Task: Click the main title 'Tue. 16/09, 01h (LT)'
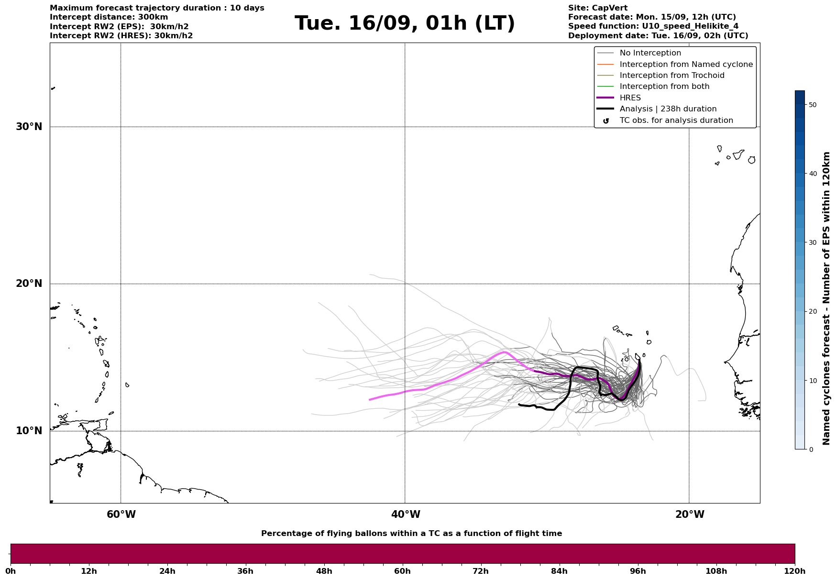[405, 23]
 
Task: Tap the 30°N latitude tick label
[29, 127]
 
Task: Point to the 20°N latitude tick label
[29, 284]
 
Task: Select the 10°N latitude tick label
[29, 431]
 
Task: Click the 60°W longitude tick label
[121, 514]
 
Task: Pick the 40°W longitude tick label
[406, 514]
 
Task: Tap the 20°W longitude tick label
[690, 514]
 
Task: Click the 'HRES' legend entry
[630, 98]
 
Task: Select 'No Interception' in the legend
[650, 53]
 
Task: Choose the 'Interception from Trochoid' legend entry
[671, 76]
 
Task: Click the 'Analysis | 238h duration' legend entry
[668, 109]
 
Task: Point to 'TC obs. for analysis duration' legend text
[676, 120]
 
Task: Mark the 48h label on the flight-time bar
[324, 571]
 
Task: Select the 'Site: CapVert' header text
[597, 8]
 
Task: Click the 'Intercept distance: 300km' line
[109, 17]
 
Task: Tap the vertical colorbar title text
[826, 298]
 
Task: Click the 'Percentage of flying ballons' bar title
[411, 534]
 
